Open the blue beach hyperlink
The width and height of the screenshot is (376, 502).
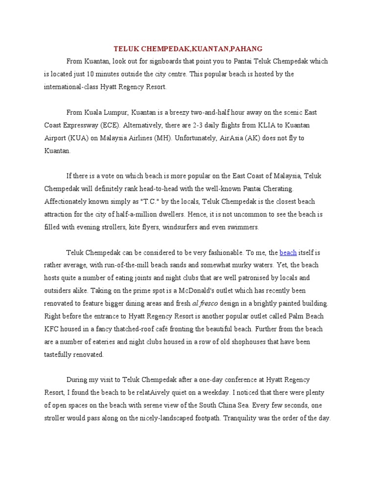[288, 252]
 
